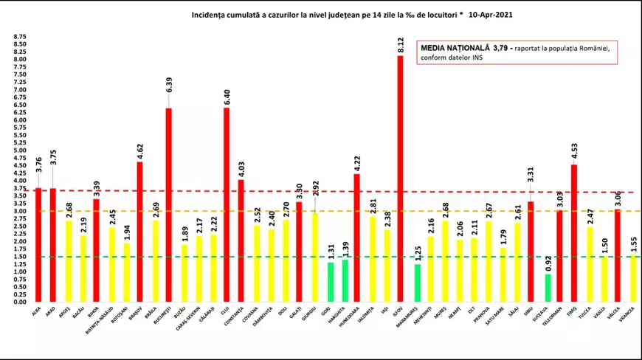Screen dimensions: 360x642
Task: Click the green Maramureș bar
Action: tap(417, 283)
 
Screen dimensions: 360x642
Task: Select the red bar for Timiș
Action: tap(574, 232)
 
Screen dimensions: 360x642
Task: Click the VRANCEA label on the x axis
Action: tap(630, 316)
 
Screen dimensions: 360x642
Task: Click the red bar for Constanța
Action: tap(241, 240)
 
